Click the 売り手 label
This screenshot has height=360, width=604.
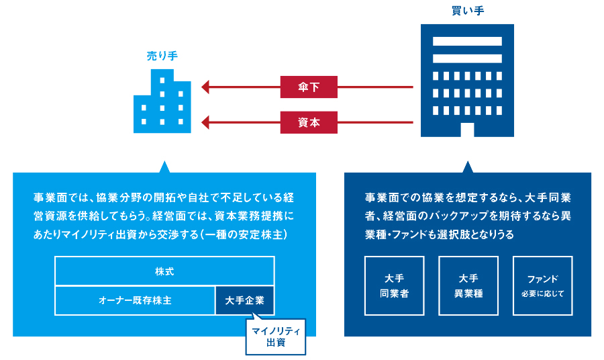(162, 56)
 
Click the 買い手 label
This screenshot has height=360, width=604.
(467, 11)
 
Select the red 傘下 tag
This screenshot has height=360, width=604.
(309, 87)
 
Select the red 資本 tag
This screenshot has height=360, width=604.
(309, 123)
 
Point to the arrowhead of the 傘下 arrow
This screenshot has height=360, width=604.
(205, 87)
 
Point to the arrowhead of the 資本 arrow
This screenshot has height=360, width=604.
(205, 123)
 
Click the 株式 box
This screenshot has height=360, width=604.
(164, 271)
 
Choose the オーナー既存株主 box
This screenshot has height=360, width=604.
(135, 300)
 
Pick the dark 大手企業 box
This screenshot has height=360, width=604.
(245, 300)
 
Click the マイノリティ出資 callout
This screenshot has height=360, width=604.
(274, 336)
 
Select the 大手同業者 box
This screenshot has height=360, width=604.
(394, 285)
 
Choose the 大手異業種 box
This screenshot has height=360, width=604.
(468, 285)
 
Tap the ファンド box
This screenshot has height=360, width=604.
(542, 285)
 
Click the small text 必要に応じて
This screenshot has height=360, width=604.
(542, 294)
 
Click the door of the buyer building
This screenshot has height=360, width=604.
(467, 130)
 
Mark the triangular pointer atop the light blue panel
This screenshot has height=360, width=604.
(164, 167)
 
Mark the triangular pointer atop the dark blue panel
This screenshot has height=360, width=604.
(467, 167)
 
